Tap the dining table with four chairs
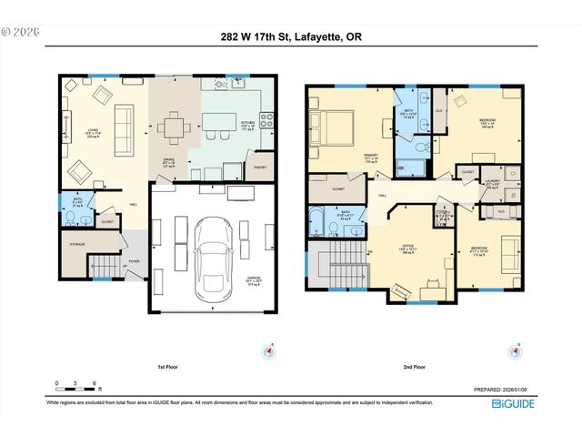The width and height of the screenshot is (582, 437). point(172,127)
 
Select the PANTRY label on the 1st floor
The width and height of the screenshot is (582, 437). point(260,166)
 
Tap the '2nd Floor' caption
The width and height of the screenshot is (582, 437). point(414,368)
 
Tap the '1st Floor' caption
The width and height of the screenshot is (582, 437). point(166,368)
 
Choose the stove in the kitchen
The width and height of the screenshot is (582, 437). point(266,118)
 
